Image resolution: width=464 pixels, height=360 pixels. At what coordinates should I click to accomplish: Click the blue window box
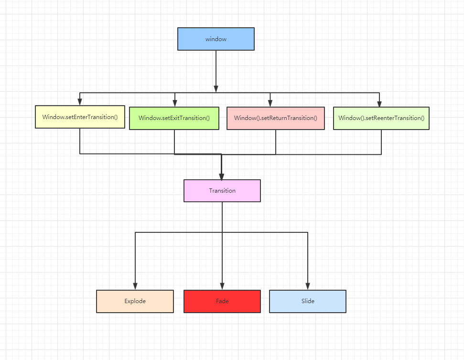tap(216, 39)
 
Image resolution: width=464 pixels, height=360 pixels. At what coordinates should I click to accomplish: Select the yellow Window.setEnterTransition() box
tap(80, 117)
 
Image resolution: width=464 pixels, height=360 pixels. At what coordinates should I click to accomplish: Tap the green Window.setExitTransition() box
tap(174, 118)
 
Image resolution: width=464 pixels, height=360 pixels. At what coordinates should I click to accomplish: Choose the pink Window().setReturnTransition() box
tap(276, 118)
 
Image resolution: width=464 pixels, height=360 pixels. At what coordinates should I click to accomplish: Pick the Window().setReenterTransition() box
tap(381, 118)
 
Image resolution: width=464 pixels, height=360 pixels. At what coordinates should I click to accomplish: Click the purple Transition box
tap(222, 190)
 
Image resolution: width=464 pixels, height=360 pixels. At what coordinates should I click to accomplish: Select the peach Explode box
tap(135, 301)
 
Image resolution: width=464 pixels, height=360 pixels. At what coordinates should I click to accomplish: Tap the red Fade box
tap(222, 301)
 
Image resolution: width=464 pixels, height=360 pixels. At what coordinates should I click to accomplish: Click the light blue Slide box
tap(307, 301)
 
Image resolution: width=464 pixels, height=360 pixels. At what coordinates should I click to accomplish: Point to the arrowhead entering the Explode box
tap(135, 286)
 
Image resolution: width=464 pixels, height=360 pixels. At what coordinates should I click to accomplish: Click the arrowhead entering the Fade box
tap(222, 286)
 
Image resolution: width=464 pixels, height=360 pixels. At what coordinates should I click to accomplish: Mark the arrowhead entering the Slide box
tap(307, 286)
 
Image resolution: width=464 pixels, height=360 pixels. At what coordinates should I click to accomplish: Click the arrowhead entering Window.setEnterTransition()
tap(80, 102)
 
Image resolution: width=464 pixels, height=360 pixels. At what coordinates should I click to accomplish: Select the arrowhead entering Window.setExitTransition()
tap(175, 103)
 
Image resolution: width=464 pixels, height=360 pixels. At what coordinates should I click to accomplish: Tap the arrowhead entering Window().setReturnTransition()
tap(270, 103)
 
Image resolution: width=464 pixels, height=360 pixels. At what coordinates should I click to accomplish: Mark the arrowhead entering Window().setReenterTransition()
tap(379, 103)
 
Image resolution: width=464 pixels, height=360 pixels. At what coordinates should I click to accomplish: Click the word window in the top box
tap(216, 39)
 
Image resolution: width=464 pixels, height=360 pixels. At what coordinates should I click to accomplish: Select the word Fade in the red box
tap(222, 301)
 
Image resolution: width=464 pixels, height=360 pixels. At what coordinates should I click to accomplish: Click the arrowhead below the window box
tap(216, 88)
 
